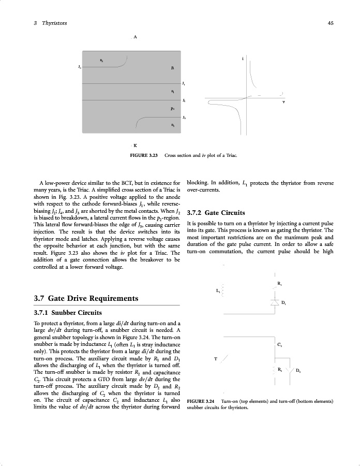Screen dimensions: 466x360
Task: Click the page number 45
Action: point(330,23)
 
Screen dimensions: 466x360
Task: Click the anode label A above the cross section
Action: point(135,37)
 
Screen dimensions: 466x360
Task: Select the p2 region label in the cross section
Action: point(172,109)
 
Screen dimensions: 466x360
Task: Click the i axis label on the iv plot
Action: point(243,59)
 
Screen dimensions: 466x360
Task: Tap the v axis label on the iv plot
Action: point(283,102)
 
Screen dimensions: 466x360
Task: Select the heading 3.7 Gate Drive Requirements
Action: point(85,299)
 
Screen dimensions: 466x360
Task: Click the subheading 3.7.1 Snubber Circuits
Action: point(67,313)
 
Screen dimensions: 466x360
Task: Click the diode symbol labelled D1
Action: point(275,302)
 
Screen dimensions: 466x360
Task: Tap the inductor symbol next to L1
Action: point(223,290)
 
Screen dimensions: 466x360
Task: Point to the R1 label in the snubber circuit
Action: point(279,283)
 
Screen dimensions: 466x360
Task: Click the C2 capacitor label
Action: point(279,344)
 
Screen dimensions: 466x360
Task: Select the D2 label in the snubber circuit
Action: point(298,370)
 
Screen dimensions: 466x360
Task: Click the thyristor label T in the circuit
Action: point(215,358)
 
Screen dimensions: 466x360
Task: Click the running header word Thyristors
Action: point(54,23)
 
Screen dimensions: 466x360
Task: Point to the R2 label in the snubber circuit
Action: point(279,369)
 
